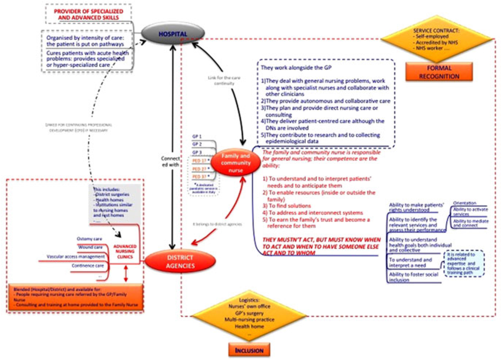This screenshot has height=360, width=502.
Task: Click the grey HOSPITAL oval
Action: (x=173, y=34)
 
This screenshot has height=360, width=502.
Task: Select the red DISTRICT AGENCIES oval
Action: (x=180, y=261)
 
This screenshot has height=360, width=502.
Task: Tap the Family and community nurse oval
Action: (x=236, y=163)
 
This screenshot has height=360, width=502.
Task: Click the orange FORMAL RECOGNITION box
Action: (x=439, y=72)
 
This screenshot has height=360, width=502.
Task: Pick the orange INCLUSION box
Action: (x=249, y=351)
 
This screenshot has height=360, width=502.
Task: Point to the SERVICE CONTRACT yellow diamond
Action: (x=436, y=39)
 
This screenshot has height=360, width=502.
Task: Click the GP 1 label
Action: (x=197, y=137)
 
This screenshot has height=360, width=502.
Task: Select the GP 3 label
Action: (x=197, y=152)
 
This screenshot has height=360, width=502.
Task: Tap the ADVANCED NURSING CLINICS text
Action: (x=125, y=252)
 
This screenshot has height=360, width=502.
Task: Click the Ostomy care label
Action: (x=90, y=239)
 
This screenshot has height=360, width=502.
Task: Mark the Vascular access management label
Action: (x=76, y=257)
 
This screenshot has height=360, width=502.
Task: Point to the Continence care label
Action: (x=88, y=266)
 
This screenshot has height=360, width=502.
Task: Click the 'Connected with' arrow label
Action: (x=170, y=162)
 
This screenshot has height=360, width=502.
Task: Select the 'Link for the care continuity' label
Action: (x=224, y=80)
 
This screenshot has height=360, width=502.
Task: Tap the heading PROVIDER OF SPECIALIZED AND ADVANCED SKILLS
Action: (x=88, y=14)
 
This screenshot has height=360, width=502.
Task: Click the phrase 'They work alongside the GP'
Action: (x=296, y=68)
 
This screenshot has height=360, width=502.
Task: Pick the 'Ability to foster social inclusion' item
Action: (x=414, y=277)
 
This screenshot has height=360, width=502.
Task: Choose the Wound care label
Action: (x=90, y=247)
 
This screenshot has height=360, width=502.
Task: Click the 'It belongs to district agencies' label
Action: (x=217, y=224)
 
